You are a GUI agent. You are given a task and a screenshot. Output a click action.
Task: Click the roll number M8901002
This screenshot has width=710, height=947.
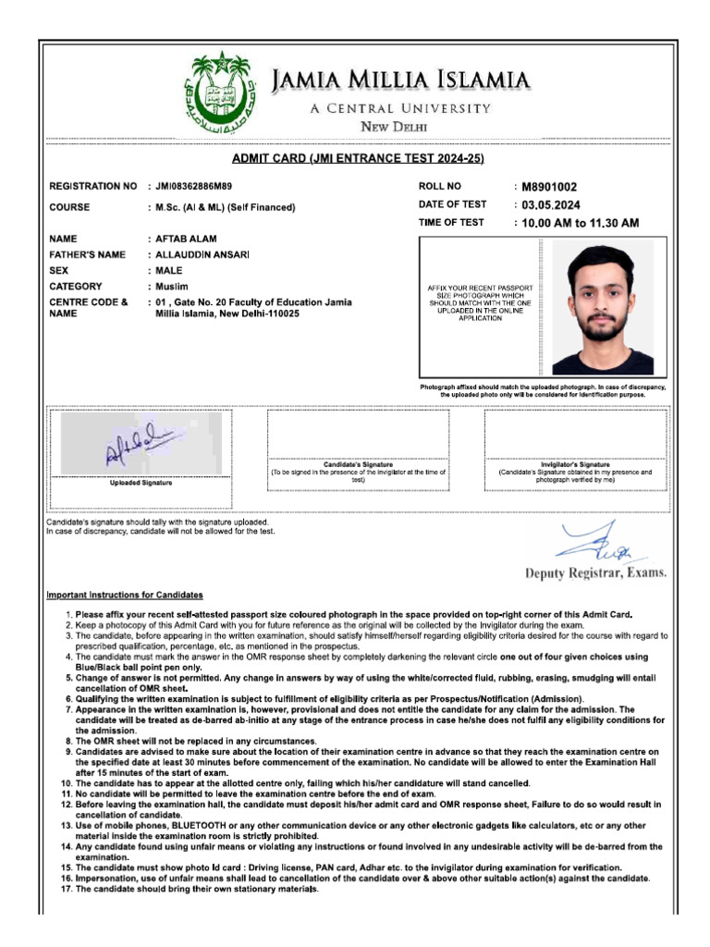click(549, 187)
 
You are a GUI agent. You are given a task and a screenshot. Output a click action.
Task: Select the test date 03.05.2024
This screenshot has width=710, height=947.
click(551, 205)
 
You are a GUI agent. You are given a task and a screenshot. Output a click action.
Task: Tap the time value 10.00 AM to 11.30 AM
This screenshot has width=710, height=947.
click(580, 223)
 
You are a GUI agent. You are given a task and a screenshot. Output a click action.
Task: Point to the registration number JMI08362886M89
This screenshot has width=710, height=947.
click(194, 187)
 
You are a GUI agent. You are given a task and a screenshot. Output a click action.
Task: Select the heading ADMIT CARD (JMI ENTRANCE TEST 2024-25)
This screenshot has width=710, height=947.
click(358, 158)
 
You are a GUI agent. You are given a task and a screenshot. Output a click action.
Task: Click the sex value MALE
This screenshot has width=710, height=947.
click(169, 271)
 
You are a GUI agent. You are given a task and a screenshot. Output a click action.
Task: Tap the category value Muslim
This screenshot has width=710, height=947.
click(172, 287)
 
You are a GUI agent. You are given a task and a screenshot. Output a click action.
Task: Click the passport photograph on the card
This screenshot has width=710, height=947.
click(602, 308)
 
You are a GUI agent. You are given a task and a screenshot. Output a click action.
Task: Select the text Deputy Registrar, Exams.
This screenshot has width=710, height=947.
click(595, 572)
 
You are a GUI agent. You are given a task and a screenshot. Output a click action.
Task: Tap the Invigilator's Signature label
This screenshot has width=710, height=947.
click(574, 464)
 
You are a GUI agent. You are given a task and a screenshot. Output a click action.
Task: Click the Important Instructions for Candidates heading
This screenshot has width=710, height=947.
click(125, 595)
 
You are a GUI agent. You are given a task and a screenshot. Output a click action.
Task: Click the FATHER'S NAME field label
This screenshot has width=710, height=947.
click(87, 254)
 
